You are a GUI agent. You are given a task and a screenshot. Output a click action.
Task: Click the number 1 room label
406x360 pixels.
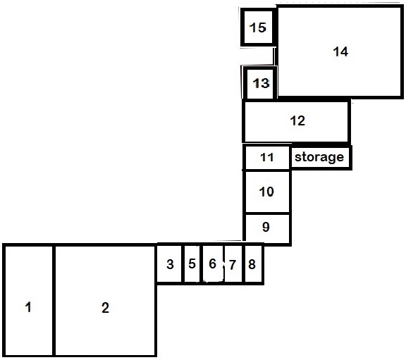(x=28, y=307)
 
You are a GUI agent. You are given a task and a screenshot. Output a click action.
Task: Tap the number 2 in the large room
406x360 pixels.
(x=105, y=308)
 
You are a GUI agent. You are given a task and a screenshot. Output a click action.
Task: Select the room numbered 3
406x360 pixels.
(x=169, y=264)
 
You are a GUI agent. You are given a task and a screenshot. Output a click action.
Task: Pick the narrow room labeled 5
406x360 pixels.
(x=192, y=264)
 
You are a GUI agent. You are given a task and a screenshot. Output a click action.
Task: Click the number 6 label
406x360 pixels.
(x=212, y=263)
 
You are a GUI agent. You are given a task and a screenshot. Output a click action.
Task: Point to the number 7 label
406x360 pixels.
(x=233, y=265)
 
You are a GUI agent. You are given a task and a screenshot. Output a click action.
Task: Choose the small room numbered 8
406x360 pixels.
(x=253, y=264)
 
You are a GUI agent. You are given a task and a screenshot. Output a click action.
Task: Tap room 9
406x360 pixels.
(x=267, y=228)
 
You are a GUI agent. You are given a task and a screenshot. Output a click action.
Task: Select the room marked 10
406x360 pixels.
(x=267, y=192)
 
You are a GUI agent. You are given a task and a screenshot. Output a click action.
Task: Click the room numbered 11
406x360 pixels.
(x=267, y=157)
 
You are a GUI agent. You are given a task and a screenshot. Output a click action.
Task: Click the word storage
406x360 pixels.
(x=319, y=157)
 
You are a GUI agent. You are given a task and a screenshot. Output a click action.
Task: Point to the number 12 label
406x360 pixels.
(x=297, y=120)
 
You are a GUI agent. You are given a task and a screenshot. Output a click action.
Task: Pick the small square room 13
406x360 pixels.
(x=260, y=83)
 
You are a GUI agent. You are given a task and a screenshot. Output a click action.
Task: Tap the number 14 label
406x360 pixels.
(x=340, y=51)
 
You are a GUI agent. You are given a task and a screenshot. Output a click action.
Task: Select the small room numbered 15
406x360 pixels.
(x=257, y=27)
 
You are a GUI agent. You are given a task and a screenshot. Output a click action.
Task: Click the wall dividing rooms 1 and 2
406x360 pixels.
(x=54, y=301)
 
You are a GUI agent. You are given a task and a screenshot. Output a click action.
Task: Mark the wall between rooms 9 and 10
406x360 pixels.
(x=267, y=213)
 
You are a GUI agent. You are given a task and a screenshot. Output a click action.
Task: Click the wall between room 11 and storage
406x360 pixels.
(x=290, y=157)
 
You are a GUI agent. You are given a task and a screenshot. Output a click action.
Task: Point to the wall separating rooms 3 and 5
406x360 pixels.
(x=183, y=264)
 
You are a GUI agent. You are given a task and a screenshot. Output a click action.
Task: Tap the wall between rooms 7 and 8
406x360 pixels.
(x=243, y=264)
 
